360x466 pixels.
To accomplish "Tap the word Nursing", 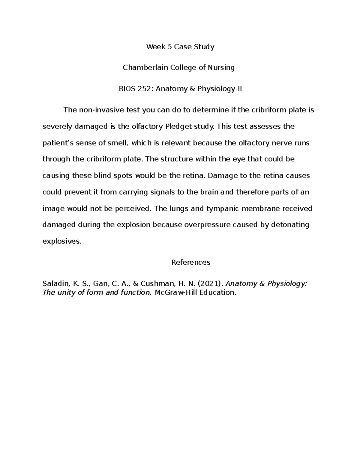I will (x=222, y=68).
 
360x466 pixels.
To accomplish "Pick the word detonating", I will (x=290, y=225).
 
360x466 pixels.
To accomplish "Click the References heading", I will (x=190, y=263).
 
